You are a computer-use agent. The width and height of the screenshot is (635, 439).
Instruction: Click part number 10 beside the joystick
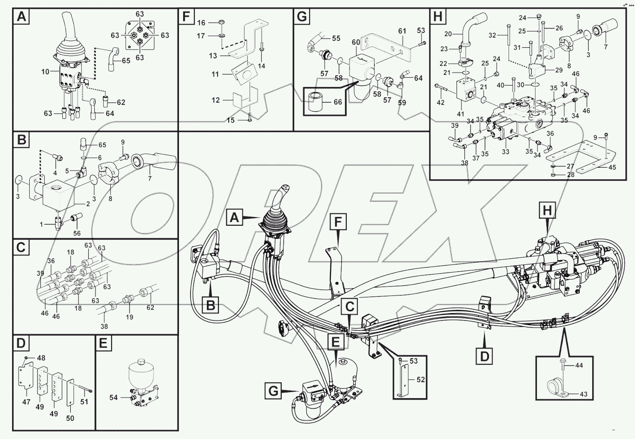(x=46, y=72)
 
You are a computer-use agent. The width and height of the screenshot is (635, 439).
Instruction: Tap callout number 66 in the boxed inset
(x=337, y=102)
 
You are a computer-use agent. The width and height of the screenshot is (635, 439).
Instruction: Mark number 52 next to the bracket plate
(x=421, y=380)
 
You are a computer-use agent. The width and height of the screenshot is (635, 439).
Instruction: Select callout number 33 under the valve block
(x=505, y=151)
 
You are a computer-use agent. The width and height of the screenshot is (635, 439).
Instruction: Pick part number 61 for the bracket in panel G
(x=402, y=31)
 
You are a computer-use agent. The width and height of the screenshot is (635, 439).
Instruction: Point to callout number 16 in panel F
(x=201, y=22)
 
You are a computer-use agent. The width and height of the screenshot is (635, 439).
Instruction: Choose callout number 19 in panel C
(x=129, y=317)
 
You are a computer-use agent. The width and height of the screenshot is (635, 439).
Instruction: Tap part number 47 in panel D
(x=26, y=402)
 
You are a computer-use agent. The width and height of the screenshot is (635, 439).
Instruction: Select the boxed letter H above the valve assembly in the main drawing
(x=547, y=210)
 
